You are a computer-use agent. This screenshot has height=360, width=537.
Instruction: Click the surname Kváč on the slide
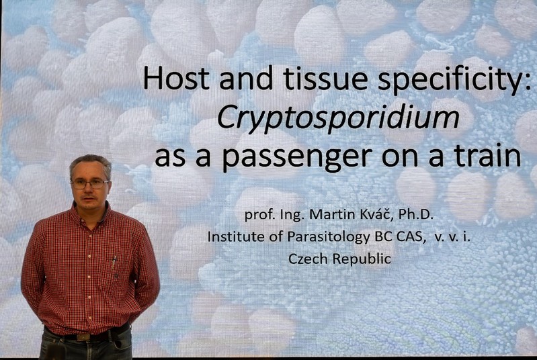(377, 214)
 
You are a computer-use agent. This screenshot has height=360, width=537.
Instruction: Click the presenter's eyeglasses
(90, 184)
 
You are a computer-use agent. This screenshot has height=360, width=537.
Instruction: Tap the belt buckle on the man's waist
(83, 337)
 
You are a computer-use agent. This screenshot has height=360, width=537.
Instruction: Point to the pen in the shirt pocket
(114, 262)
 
